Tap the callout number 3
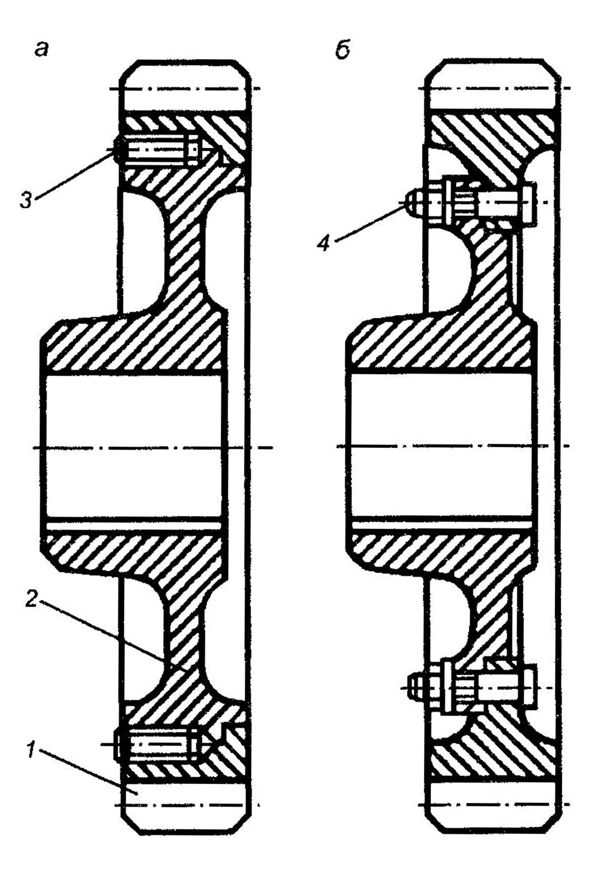pyautogui.click(x=26, y=200)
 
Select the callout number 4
pyautogui.click(x=323, y=243)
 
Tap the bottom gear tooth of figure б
pyautogui.click(x=493, y=807)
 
